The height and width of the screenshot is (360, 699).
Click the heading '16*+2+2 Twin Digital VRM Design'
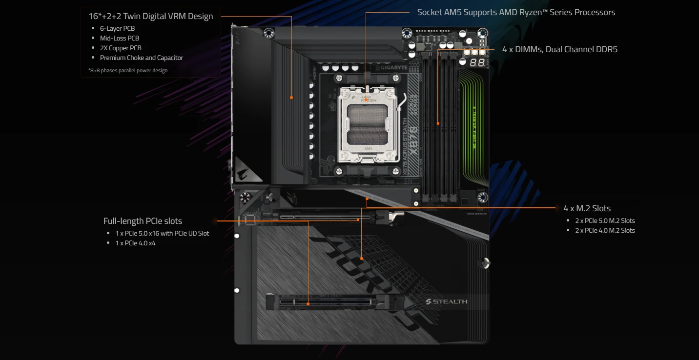150,16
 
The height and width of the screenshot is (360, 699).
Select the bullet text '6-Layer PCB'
117,28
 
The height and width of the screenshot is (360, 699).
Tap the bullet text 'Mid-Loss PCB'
120,38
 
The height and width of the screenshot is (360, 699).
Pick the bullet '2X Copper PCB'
121,48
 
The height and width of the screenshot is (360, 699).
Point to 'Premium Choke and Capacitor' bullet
142,58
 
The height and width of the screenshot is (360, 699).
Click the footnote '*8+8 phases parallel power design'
124,70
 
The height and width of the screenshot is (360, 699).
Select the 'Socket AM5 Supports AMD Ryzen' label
516,12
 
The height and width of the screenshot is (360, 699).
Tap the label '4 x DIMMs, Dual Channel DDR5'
560,49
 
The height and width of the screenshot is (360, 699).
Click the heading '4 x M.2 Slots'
587,208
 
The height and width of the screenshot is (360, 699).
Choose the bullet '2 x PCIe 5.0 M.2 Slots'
605,220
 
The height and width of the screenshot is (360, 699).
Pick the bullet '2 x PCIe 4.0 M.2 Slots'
605,230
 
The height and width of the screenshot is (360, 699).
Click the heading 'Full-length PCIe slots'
143,221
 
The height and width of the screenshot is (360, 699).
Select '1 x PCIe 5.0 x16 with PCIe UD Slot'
162,233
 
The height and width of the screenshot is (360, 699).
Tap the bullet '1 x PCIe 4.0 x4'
135,243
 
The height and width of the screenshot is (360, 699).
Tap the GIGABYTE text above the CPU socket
393,68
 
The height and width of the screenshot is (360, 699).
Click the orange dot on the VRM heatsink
291,98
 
